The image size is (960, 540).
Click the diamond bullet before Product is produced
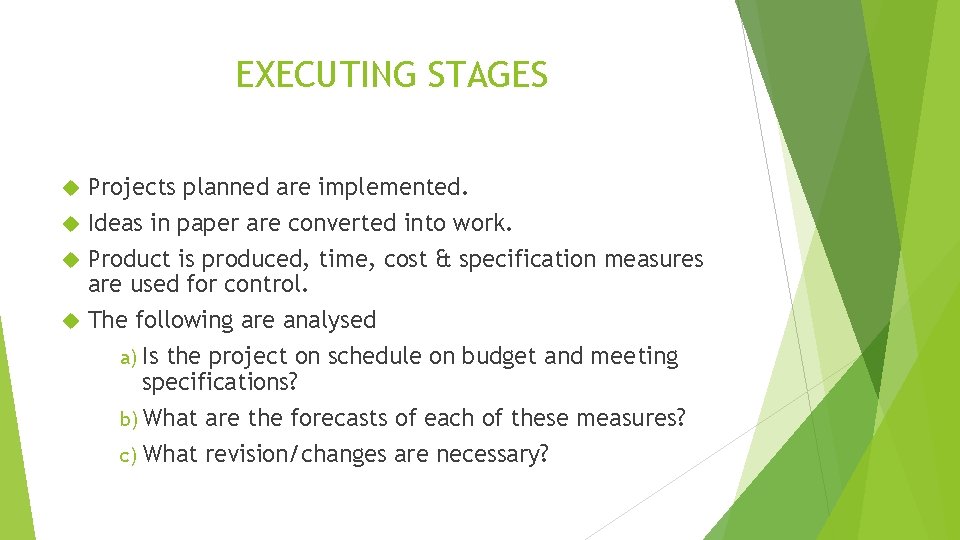point(69,260)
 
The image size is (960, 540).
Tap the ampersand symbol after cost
point(444,260)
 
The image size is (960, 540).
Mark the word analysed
point(329,320)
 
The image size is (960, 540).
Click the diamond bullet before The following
point(69,321)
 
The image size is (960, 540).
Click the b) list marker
point(129,418)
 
